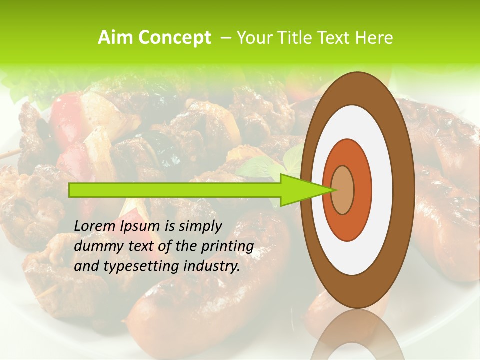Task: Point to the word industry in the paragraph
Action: pos(212,266)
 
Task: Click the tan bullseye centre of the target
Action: pos(343,190)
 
